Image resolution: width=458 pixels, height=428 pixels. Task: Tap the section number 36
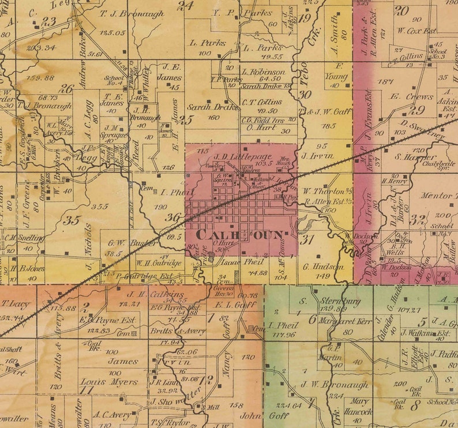tap(172, 217)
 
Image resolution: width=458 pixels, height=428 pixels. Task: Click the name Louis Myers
tap(117, 382)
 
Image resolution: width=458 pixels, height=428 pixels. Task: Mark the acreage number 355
tap(99, 206)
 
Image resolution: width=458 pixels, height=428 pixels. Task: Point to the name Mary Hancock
tap(359, 407)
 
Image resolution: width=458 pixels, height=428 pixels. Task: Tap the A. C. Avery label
tap(113, 414)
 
